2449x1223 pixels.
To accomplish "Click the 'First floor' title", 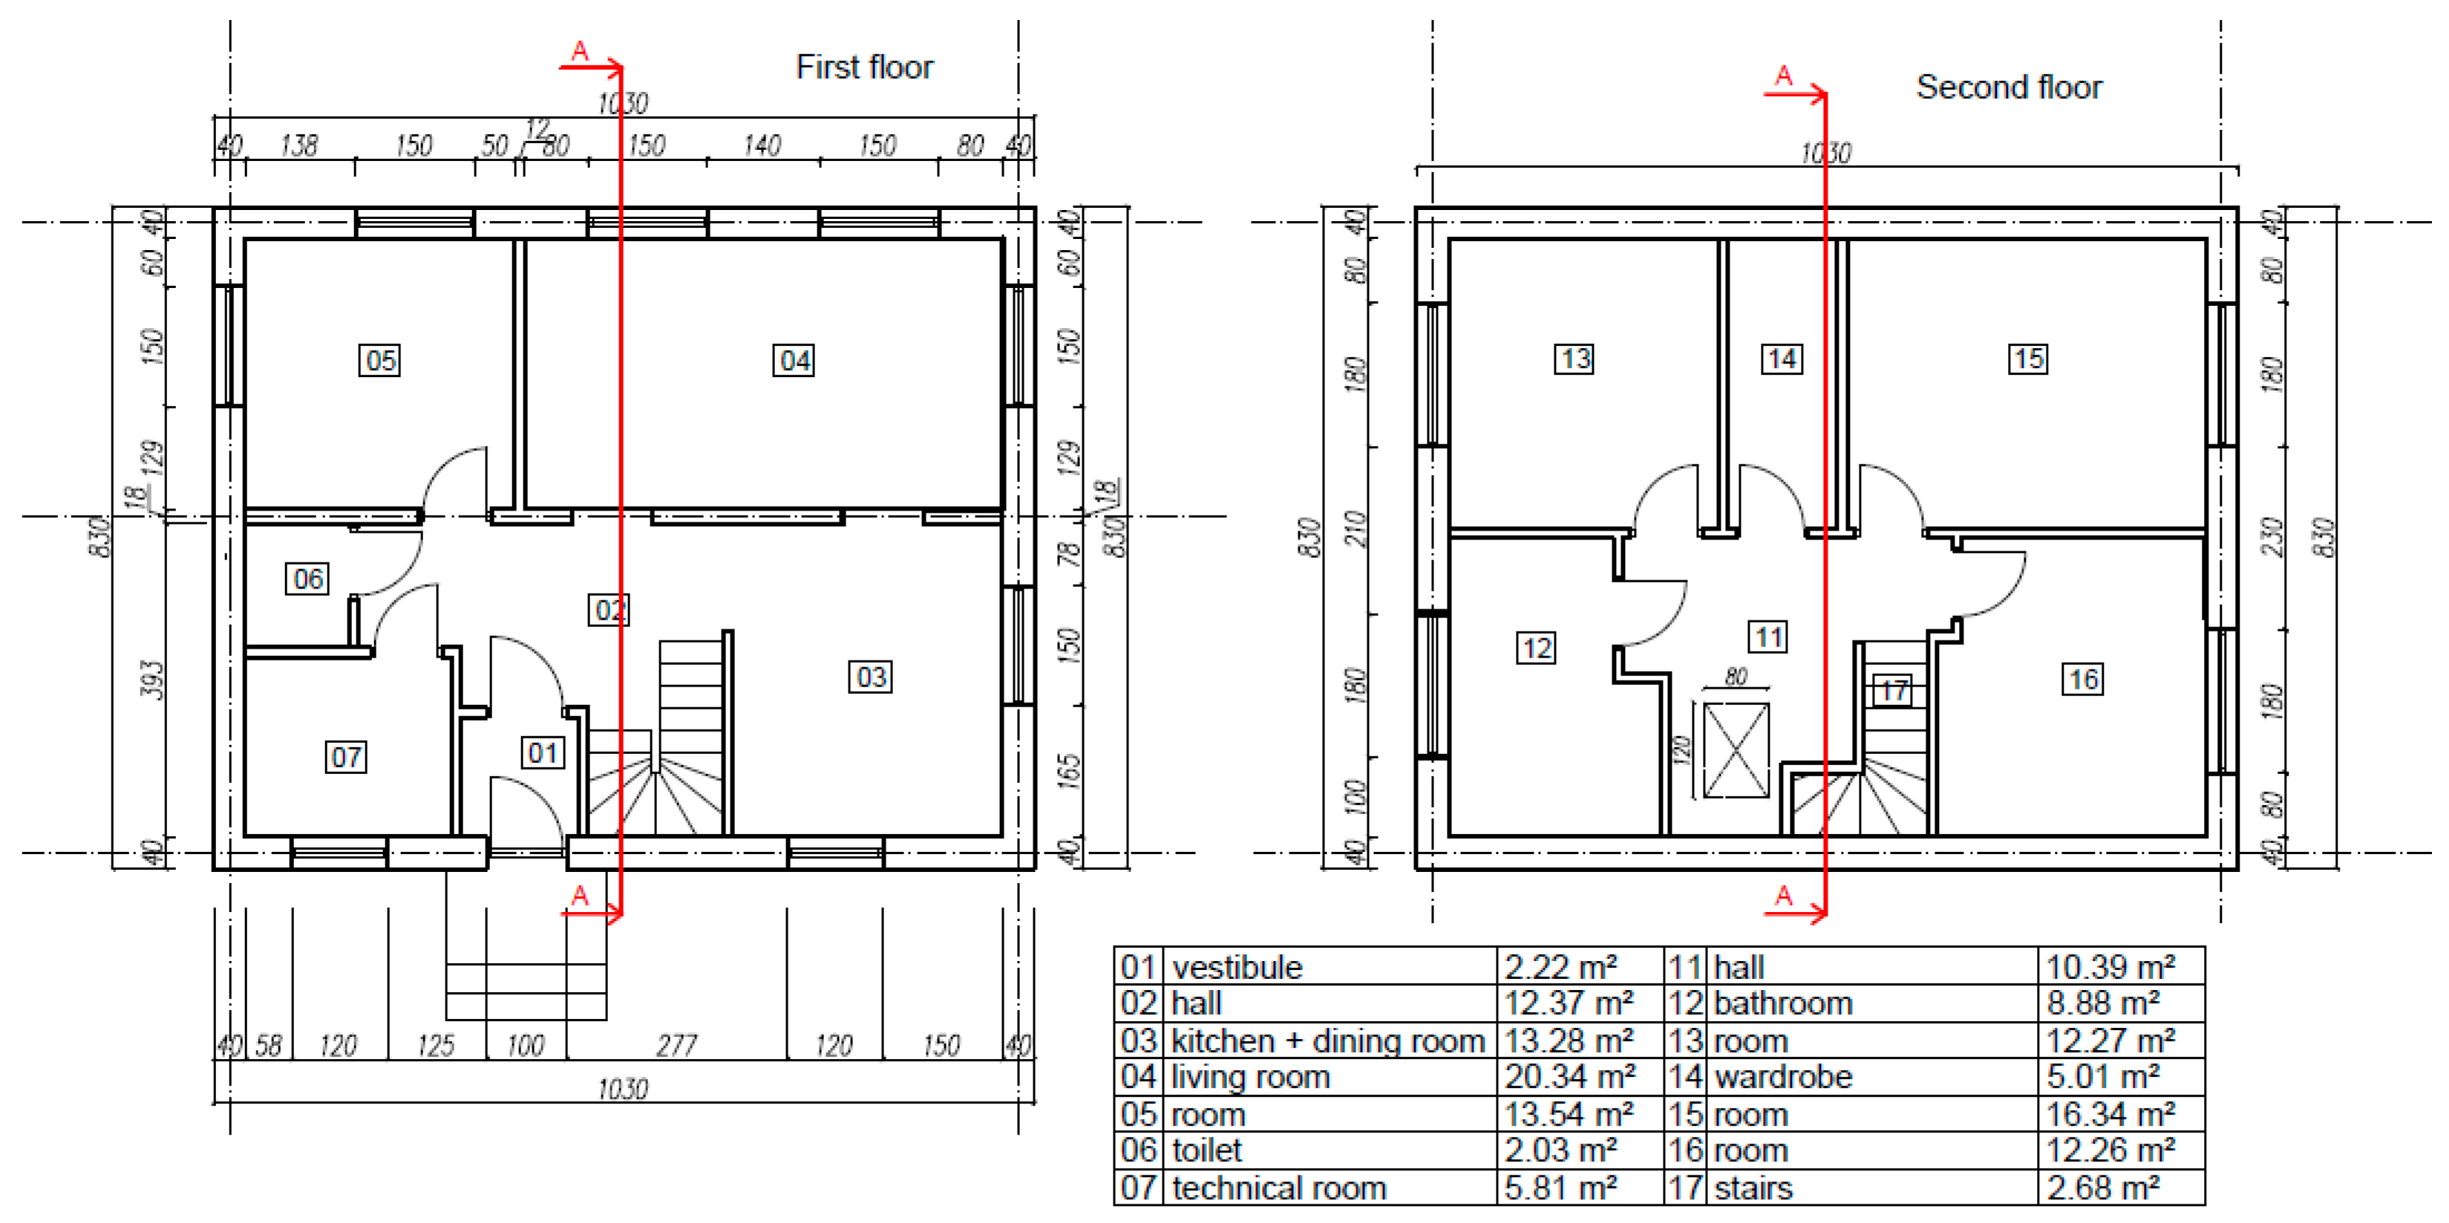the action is coord(864,68).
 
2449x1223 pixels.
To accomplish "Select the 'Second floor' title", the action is coord(2009,88).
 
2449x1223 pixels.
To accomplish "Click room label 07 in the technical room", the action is coord(346,758).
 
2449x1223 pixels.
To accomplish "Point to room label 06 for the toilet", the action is coord(307,579).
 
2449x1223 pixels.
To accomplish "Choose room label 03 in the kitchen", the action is coord(870,678).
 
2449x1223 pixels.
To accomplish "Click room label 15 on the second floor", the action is coord(2028,359).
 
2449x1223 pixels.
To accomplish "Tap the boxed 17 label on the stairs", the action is coord(1892,690).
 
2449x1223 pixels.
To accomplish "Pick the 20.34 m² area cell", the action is coord(1569,1077).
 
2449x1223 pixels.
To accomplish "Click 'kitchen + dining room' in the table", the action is coord(1327,1040).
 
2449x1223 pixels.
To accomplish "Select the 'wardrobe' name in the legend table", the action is coord(1784,1077).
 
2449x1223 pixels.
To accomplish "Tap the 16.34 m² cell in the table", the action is coord(2110,1114).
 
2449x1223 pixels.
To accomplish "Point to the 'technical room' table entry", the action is coord(1278,1188).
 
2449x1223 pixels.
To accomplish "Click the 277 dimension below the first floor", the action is coord(677,1046).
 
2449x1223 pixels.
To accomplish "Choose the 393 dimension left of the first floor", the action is coord(152,681).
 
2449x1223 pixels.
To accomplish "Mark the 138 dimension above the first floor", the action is coord(298,145).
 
